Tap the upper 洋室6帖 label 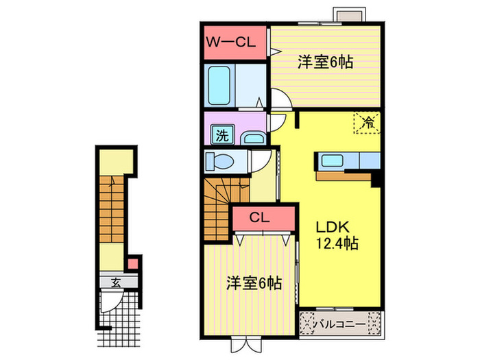[x=325, y=62]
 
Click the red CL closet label [x=258, y=219]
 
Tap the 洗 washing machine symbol [x=221, y=134]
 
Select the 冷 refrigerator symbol [x=368, y=123]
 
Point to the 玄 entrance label [x=117, y=280]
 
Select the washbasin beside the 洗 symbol [x=252, y=139]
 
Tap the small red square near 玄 [x=133, y=263]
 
